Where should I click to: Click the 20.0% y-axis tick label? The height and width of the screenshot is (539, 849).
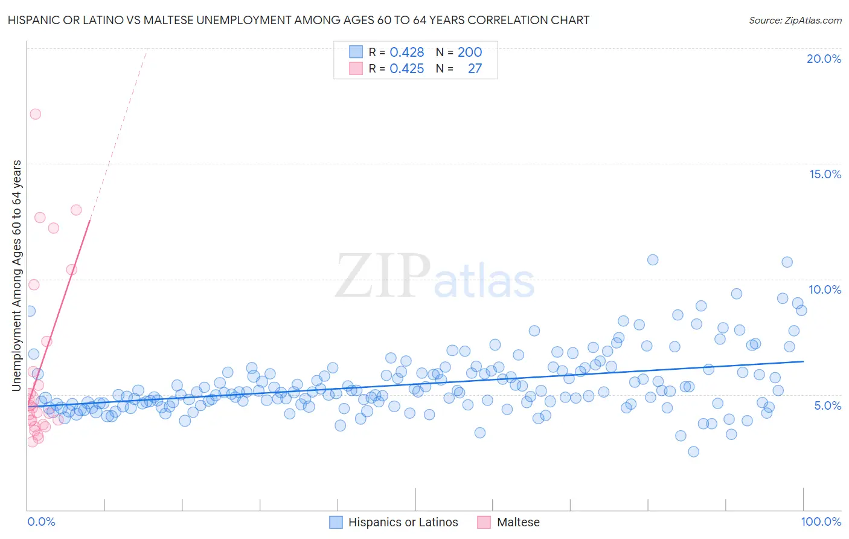824,59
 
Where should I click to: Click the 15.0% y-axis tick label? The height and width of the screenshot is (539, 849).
825,174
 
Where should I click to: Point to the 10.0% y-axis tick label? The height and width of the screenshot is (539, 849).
825,289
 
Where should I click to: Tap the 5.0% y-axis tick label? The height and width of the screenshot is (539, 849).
827,405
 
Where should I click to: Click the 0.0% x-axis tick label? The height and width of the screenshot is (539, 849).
41,521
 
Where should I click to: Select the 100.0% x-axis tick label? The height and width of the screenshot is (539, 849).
821,521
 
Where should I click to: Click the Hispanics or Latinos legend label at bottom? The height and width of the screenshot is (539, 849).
403,522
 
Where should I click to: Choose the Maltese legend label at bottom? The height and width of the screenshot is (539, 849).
518,522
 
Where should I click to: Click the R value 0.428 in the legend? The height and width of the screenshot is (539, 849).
406,52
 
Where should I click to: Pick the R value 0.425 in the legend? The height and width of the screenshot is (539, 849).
406,68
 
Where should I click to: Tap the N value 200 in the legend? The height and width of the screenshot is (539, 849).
469,52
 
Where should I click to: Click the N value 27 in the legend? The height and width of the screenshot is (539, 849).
475,68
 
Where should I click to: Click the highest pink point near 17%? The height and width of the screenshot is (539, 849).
35,114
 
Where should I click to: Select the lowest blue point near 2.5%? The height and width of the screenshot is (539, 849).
693,451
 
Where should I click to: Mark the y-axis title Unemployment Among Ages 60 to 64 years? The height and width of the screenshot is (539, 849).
16,276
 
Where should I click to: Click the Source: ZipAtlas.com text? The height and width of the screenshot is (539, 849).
795,20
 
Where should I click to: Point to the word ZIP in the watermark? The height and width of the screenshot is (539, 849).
382,276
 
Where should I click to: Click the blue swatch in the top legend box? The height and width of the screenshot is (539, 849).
356,52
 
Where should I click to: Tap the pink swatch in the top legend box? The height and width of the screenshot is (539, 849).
356,68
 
